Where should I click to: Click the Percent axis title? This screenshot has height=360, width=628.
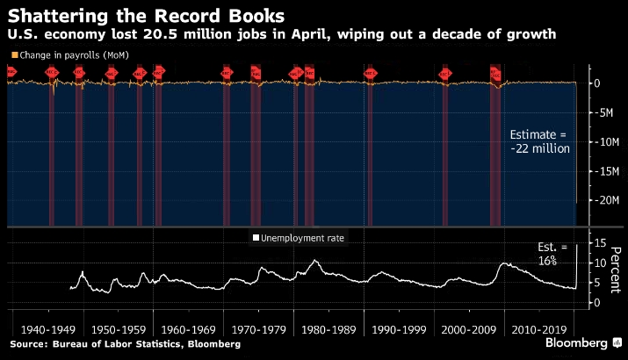616,271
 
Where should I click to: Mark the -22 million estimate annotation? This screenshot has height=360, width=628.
540,142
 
